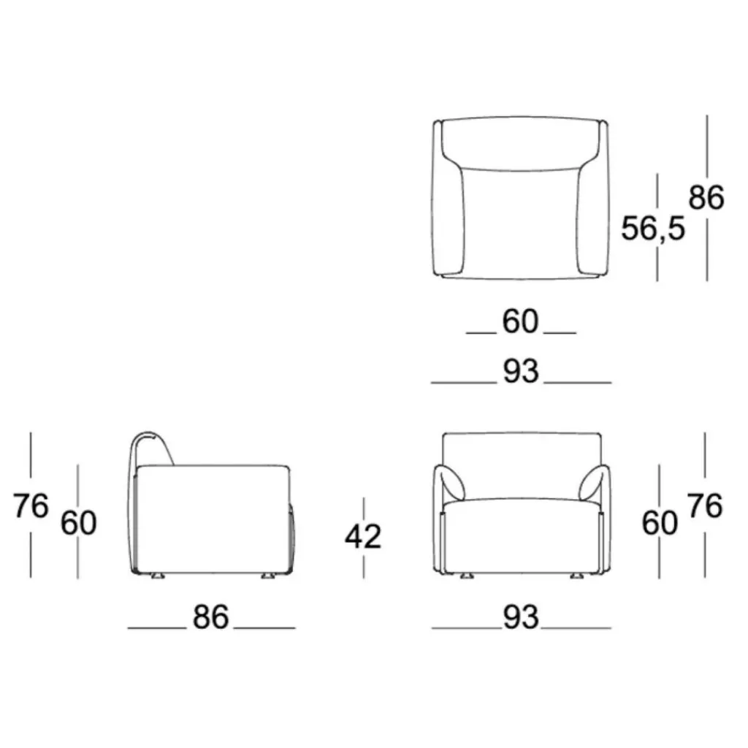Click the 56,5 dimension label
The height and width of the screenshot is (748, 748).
[x=652, y=228]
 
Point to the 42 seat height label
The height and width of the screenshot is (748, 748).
[x=363, y=537]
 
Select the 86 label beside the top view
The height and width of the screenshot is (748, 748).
[x=706, y=197]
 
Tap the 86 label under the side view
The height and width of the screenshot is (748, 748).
[x=211, y=617]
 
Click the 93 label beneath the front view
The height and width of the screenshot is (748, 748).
[x=521, y=617]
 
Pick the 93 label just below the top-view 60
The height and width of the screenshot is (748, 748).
[x=521, y=371]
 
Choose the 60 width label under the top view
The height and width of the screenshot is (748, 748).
[x=520, y=321]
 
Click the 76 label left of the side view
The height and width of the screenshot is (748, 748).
[x=31, y=505]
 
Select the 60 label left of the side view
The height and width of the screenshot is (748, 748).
[x=79, y=522]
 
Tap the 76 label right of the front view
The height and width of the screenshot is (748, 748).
[x=705, y=505]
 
